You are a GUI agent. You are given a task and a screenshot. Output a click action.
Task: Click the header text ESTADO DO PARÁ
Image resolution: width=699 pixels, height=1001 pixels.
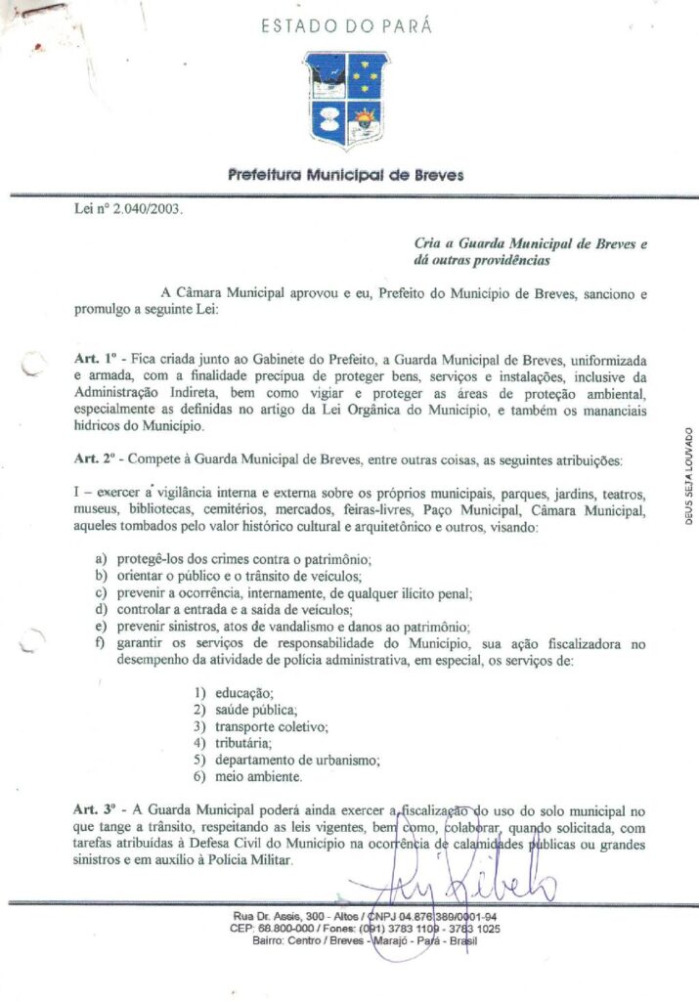tap(346, 26)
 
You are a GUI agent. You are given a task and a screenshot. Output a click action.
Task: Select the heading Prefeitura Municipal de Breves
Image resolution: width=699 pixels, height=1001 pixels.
tap(346, 176)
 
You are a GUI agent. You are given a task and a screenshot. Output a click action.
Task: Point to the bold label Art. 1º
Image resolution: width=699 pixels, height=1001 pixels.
tap(95, 361)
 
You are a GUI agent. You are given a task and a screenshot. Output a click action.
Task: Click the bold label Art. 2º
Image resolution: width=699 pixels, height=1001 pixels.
tap(95, 458)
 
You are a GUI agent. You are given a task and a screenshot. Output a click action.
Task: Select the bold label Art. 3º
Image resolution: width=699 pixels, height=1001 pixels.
tap(95, 811)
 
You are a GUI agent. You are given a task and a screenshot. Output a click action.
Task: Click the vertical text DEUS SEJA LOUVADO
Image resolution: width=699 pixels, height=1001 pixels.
tap(688, 477)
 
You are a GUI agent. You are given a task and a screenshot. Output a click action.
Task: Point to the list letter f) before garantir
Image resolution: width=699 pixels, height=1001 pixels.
tap(101, 644)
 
